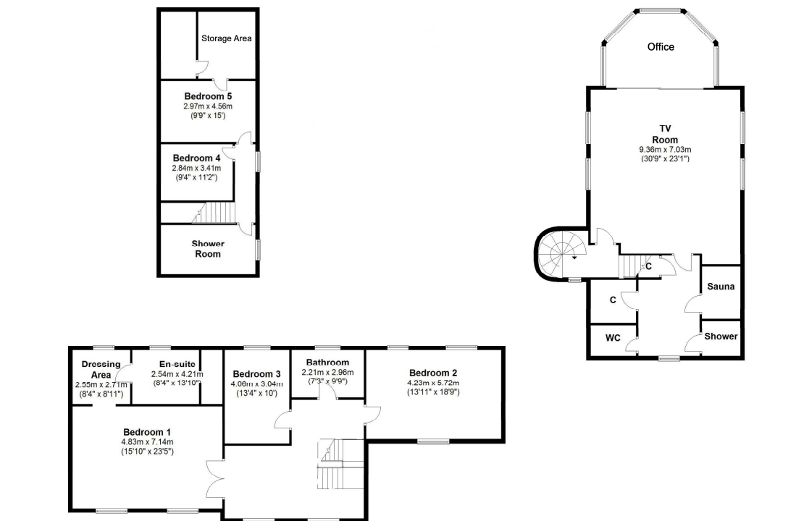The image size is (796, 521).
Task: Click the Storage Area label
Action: [x=227, y=38]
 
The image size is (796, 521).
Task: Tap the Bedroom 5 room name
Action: [x=208, y=96]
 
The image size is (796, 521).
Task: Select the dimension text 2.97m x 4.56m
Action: [x=208, y=106]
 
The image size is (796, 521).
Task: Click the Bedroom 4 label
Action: [x=196, y=158]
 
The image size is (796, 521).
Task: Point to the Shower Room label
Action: [x=208, y=249]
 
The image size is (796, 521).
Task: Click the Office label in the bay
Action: [x=661, y=46]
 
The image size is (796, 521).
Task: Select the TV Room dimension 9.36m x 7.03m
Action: [x=665, y=150]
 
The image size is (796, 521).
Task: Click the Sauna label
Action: [x=721, y=286]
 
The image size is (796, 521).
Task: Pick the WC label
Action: [x=613, y=337]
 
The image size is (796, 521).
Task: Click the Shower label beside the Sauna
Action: [x=721, y=336]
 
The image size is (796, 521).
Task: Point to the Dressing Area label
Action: [x=101, y=369]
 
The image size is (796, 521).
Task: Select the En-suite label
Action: [x=177, y=364]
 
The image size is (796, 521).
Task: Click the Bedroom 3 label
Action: [x=257, y=374]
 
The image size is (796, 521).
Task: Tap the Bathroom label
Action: [x=327, y=363]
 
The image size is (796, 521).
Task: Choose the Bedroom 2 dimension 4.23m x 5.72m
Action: [x=433, y=383]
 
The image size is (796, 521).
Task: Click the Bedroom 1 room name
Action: [x=147, y=432]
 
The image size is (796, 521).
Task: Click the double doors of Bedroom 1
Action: [x=215, y=478]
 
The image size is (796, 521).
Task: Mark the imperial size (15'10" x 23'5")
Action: [x=147, y=451]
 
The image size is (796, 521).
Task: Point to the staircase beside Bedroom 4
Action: [x=215, y=213]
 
